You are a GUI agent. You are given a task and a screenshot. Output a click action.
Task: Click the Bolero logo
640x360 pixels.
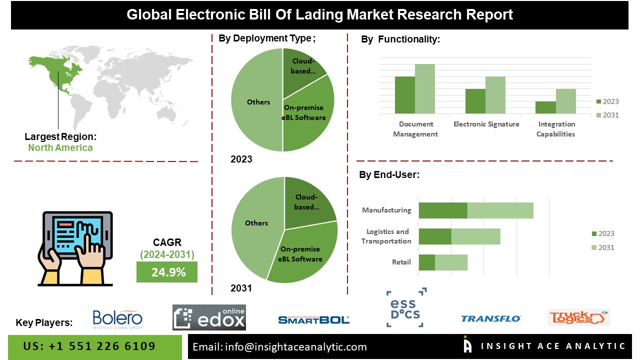(x=117, y=319)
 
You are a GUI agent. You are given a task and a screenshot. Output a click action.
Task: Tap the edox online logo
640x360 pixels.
(x=209, y=317)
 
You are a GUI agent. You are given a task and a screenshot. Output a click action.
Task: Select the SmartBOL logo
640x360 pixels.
(x=313, y=319)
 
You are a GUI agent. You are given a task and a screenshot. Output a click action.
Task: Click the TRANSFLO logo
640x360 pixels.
(x=490, y=318)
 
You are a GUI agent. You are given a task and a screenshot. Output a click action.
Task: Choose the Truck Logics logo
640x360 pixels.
(x=578, y=317)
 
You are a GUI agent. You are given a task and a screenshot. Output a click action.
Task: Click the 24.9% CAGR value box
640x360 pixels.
(x=167, y=272)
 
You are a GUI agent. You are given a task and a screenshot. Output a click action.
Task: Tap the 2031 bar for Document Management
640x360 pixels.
(x=424, y=89)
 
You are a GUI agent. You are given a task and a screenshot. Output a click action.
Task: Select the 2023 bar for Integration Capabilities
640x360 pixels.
(x=545, y=107)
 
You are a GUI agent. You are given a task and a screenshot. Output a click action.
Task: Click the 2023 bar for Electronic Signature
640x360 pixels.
(x=475, y=101)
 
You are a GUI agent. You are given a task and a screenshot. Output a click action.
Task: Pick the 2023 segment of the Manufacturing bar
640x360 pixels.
(x=443, y=210)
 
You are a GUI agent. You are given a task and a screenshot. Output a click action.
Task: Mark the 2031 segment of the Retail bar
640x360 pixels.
(x=451, y=262)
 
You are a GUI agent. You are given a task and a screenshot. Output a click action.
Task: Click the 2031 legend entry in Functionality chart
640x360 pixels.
(x=607, y=115)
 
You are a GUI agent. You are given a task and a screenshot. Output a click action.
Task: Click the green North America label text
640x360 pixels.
(x=60, y=147)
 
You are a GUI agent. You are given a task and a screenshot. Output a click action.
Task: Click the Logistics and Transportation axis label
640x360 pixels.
(x=388, y=236)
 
